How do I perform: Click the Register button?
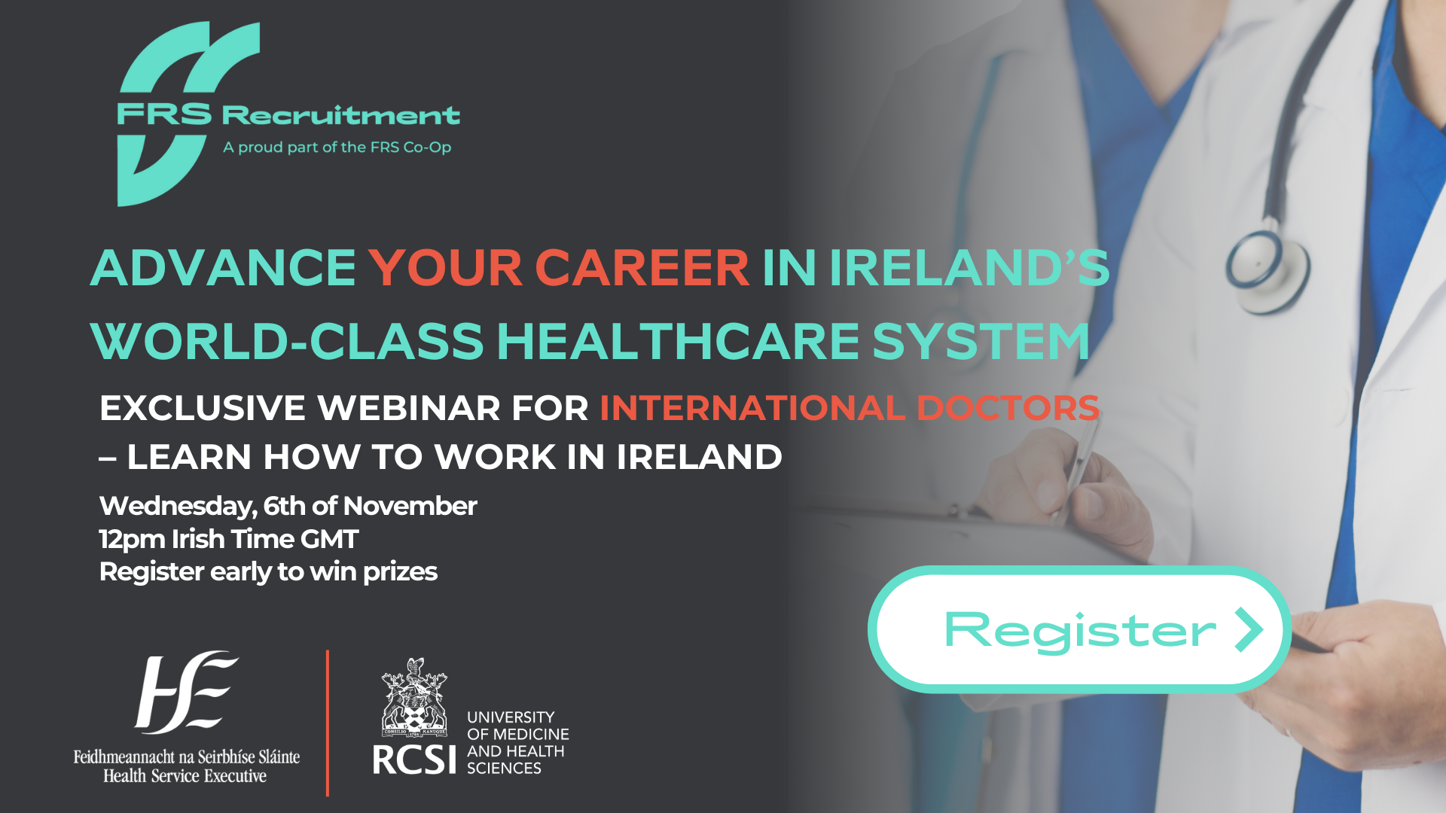tap(1078, 629)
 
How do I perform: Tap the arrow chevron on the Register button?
tap(1248, 629)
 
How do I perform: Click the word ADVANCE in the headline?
tap(223, 268)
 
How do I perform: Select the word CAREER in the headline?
tap(642, 268)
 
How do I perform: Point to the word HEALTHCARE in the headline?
tap(678, 341)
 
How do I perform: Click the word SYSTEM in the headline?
tap(981, 341)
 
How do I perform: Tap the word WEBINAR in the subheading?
tap(409, 409)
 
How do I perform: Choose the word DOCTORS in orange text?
tap(1008, 409)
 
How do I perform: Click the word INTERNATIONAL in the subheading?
tap(752, 409)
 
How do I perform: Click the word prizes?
tap(400, 572)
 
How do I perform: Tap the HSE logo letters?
tap(185, 692)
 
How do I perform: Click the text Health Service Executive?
tap(185, 776)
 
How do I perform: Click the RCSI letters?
tap(414, 760)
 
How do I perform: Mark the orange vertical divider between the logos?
tap(328, 723)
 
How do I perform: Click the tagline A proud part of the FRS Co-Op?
tap(337, 148)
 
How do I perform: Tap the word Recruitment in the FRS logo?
tap(340, 115)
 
